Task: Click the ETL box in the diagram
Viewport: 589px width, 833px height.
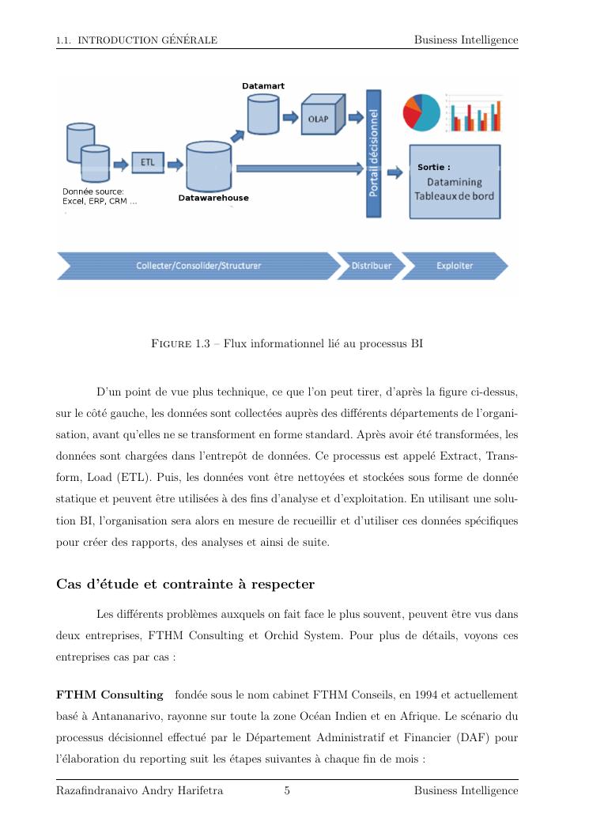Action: coord(147,163)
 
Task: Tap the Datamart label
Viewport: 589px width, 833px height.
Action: coord(263,85)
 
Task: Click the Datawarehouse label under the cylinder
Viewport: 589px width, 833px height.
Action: coord(213,198)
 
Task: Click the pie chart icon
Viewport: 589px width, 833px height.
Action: coord(421,112)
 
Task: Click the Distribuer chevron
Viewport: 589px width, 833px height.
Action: coord(371,266)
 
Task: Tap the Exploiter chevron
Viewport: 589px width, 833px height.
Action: coord(455,266)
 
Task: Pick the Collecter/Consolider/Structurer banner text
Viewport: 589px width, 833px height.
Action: coord(198,266)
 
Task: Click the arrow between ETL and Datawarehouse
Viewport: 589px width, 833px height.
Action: coord(175,165)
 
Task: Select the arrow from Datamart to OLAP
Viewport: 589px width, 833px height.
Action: coord(290,117)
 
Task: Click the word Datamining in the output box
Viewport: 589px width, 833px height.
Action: coord(455,183)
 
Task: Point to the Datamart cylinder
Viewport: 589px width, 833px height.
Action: coord(263,114)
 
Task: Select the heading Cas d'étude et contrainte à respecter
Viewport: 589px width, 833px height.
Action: coord(185,585)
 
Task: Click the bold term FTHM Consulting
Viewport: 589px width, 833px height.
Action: coord(109,695)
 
